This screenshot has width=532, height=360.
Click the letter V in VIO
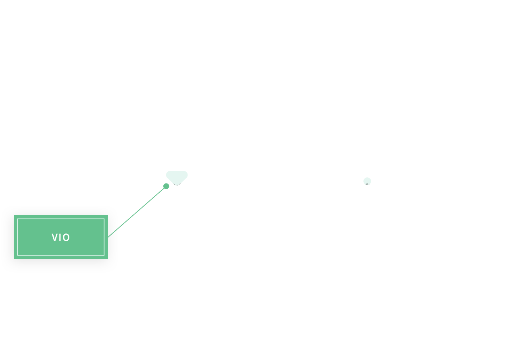54,237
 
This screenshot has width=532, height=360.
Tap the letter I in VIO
60,237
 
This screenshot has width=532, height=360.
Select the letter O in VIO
66,237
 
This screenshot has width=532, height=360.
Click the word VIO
61,237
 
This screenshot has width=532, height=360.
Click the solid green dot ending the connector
166,186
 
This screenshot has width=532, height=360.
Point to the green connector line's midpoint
137,212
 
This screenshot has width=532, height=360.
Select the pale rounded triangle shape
177,177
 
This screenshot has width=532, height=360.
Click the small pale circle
367,181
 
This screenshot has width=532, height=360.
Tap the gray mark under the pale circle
367,184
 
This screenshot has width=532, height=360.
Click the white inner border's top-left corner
18,219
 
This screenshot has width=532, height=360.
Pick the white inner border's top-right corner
104,219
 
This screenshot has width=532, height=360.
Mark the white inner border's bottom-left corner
18,255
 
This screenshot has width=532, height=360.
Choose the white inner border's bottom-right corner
104,255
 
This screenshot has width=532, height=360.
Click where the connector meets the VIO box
108,237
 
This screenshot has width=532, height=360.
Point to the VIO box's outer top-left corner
14,215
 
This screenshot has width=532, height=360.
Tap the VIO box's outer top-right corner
108,215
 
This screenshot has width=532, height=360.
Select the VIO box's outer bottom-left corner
14,259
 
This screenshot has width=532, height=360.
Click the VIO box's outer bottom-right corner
108,259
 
